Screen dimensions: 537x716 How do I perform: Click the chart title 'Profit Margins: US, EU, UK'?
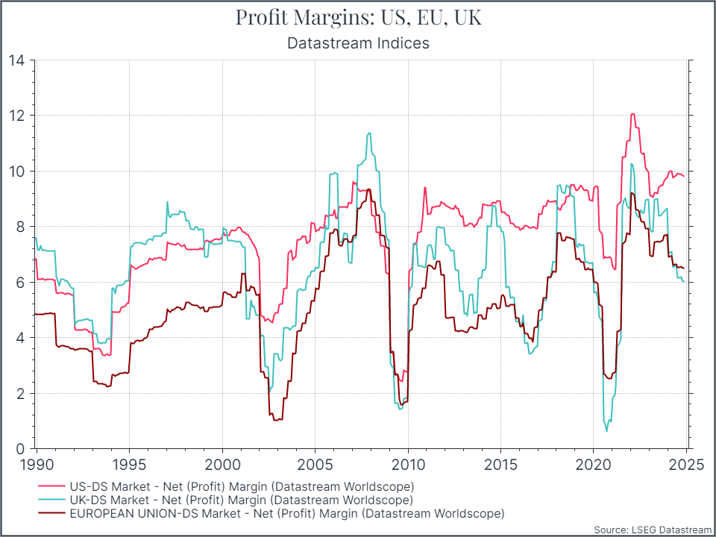358,17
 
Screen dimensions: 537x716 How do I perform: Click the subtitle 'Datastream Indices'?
358,43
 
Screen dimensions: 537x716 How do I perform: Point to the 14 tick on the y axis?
16,60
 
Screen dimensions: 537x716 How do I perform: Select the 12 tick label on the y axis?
16,116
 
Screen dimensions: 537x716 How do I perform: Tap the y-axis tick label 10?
16,172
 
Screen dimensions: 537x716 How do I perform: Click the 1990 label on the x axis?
37,463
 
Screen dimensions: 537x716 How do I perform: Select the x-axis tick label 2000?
222,463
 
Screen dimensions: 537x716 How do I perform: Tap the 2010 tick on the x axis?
408,463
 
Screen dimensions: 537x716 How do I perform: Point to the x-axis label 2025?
687,463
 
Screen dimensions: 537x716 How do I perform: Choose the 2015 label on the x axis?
500,463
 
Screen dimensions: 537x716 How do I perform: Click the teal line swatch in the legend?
51,499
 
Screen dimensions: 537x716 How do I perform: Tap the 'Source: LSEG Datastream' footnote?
653,530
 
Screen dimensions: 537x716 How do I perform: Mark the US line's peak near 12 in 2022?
632,114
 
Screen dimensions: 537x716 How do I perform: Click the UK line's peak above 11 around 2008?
369,134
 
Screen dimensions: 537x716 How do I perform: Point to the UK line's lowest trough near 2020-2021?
606,431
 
